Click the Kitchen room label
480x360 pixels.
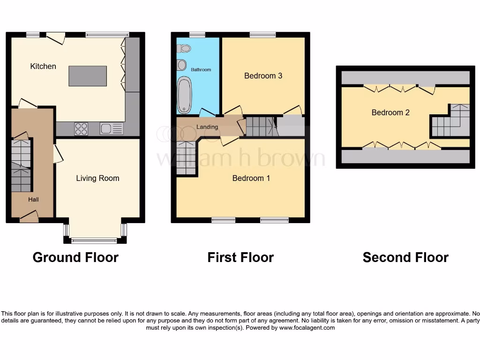(x=43, y=67)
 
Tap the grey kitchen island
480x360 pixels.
(x=88, y=76)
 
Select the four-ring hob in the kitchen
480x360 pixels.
(x=81, y=128)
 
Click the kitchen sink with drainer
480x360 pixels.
(x=112, y=128)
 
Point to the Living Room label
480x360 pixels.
(x=97, y=178)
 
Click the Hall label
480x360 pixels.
(x=33, y=200)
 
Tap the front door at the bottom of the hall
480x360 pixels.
(x=29, y=216)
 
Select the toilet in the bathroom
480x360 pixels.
(x=185, y=48)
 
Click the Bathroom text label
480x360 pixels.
(x=201, y=70)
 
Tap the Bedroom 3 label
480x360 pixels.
(x=263, y=75)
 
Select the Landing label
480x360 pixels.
(x=207, y=127)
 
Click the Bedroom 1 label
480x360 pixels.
(x=251, y=178)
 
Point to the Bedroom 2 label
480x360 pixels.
(x=390, y=112)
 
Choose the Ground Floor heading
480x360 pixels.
(x=75, y=257)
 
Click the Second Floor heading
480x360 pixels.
(x=405, y=257)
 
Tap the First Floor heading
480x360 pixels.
(x=240, y=257)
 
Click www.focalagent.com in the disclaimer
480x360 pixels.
(x=307, y=328)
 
